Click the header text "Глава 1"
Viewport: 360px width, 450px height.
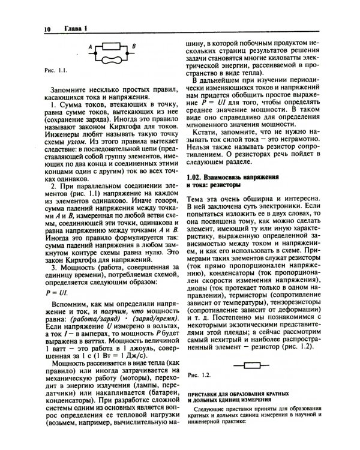[76, 28]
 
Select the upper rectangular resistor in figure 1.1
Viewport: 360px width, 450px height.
[113, 45]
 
